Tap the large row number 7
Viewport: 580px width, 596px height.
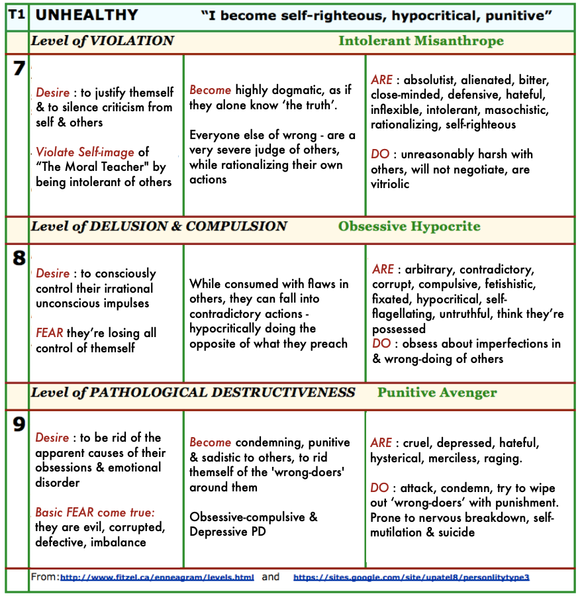pos(18,68)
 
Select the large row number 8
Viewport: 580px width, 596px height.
pos(18,258)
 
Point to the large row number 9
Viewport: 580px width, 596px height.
pos(18,424)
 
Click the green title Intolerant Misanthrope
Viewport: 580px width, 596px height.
pos(420,41)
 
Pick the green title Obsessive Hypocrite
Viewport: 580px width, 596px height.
pos(409,226)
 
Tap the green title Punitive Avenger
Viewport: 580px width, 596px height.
pos(437,393)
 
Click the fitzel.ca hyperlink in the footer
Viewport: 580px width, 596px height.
pos(157,577)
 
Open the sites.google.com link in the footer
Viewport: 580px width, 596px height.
pos(411,577)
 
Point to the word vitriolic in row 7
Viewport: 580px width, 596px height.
pos(390,183)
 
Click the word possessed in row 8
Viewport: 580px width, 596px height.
pos(398,328)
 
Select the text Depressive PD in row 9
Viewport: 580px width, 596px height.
pos(228,532)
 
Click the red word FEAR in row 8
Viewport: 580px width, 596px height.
pos(50,333)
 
